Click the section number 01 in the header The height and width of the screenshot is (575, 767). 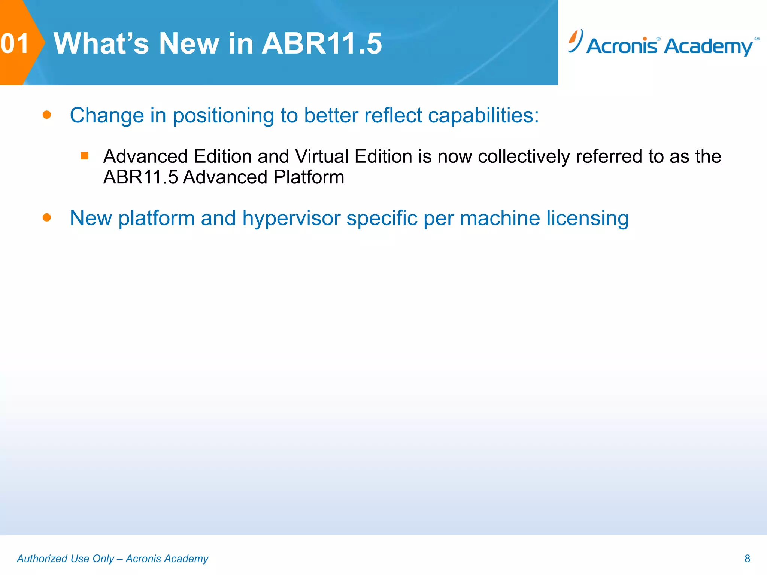point(15,44)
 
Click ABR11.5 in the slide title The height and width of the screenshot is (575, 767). point(321,44)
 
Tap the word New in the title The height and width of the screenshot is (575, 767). point(189,44)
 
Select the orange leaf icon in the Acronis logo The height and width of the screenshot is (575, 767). point(574,39)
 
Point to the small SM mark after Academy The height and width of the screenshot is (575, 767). point(757,39)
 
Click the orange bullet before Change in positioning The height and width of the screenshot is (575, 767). point(47,115)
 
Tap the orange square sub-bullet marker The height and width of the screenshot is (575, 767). point(85,156)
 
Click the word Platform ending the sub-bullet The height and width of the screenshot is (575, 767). point(309,177)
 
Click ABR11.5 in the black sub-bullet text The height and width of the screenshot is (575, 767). point(140,177)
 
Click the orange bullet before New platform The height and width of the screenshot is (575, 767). point(47,217)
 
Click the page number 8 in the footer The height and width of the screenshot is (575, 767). point(747,559)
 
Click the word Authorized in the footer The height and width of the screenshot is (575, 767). point(42,559)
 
